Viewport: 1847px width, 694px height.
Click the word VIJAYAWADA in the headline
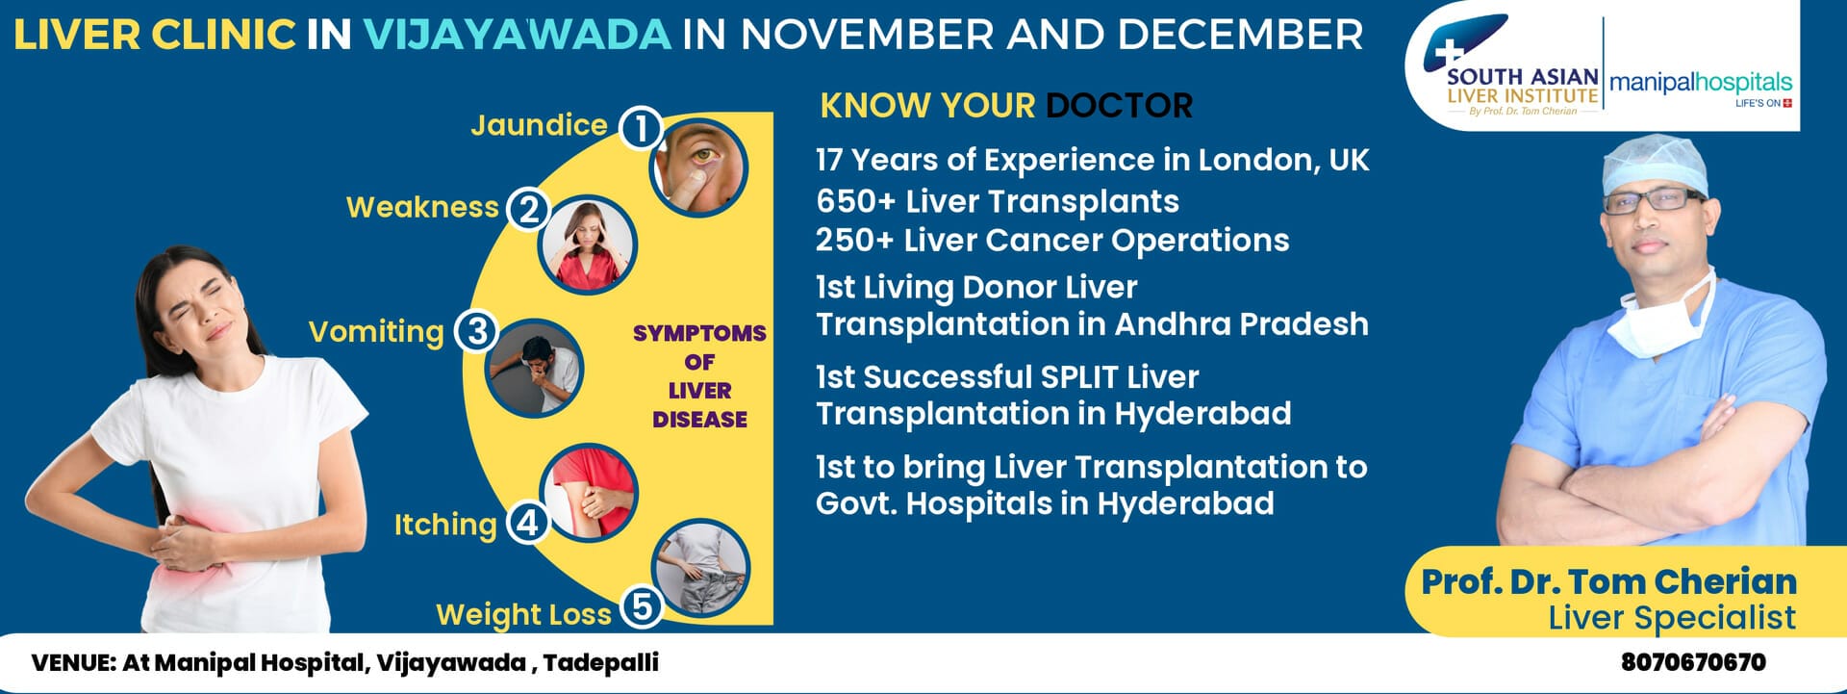tap(517, 35)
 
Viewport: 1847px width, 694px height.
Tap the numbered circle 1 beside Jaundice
tap(641, 127)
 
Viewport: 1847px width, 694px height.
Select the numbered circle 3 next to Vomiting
tap(476, 331)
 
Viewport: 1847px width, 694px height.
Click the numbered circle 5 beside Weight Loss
tap(642, 606)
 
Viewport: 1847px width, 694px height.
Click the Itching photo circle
tap(588, 492)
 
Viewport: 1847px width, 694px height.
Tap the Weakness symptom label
tap(422, 207)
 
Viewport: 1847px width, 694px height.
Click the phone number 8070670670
tap(1693, 662)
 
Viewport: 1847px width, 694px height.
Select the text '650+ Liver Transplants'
tap(998, 201)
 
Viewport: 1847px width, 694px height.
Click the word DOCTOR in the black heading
tap(1119, 105)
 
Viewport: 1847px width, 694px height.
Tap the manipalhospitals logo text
tap(1701, 84)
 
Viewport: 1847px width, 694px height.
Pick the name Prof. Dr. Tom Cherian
tap(1609, 581)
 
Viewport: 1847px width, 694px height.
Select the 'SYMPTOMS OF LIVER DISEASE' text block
tap(699, 376)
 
